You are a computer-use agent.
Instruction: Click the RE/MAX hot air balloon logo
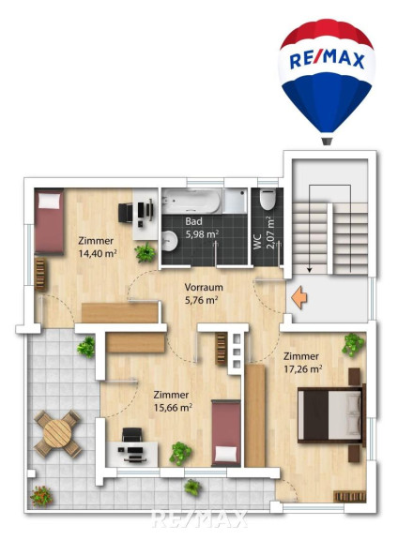click(327, 82)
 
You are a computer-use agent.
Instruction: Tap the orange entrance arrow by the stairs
click(299, 297)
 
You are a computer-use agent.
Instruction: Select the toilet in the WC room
click(268, 199)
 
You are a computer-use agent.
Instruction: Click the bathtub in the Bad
click(191, 201)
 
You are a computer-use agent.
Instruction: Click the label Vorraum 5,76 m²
click(204, 293)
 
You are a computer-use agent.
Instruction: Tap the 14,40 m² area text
click(98, 254)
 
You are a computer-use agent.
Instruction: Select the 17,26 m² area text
click(303, 369)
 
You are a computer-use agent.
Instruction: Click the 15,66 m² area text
click(173, 408)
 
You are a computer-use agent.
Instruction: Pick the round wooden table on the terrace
click(57, 433)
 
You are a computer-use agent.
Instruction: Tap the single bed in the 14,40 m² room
click(49, 221)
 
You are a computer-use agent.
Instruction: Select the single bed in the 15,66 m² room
click(226, 433)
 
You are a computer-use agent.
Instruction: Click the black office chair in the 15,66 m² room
click(132, 435)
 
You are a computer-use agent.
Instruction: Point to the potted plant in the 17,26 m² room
click(353, 344)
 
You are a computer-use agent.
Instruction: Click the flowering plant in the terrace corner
click(41, 497)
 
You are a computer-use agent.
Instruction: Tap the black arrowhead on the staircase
click(310, 270)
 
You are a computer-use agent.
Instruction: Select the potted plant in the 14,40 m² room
click(145, 253)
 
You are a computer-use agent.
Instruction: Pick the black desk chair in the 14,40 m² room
click(126, 213)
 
